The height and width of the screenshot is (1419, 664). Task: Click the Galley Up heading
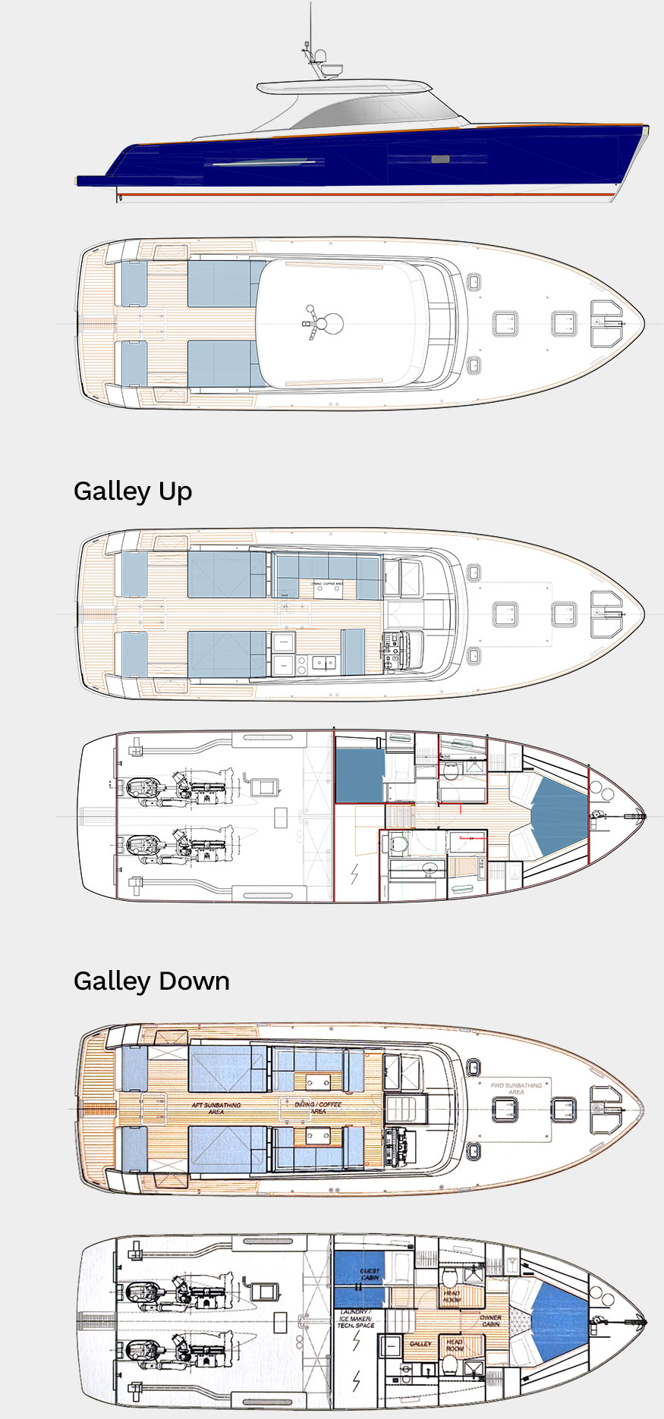coord(133,491)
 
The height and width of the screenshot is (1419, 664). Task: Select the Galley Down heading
coord(151,981)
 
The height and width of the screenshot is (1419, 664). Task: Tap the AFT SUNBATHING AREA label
coord(216,1108)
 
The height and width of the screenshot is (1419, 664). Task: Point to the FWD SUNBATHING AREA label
coord(516,1088)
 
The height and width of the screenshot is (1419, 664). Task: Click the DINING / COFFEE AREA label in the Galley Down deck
coord(318,1107)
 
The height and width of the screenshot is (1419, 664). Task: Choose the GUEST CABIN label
coord(370,1274)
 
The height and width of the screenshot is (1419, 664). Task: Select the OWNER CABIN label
coord(490,1320)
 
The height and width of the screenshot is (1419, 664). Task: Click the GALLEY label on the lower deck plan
coord(420,1343)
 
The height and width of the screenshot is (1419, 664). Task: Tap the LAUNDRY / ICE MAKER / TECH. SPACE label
coord(355,1318)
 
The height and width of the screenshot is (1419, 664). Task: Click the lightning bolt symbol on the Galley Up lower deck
coord(354,874)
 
